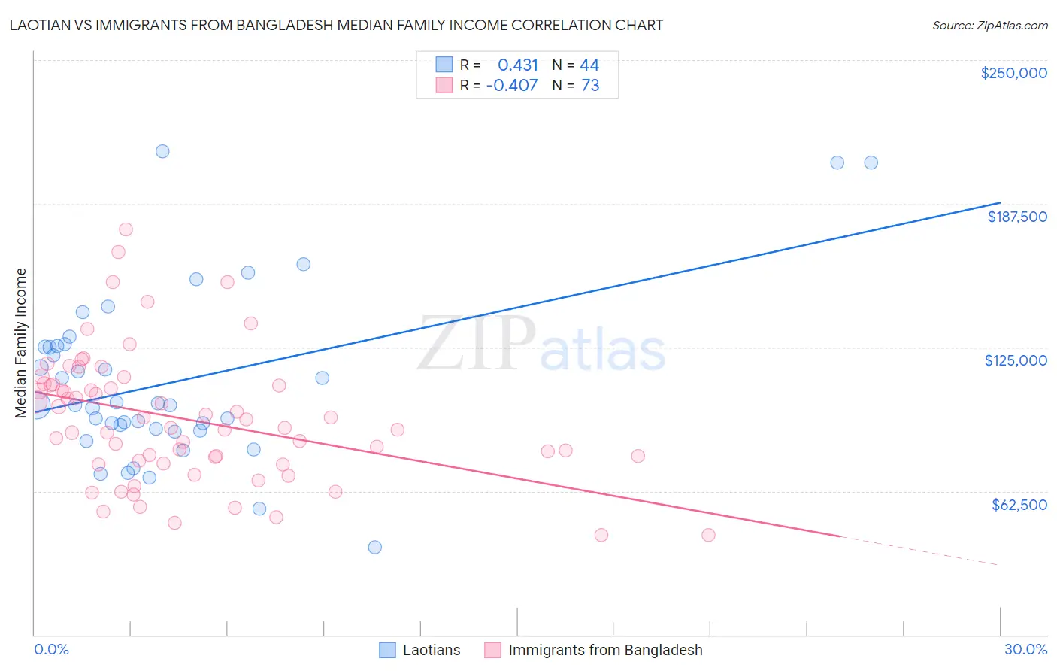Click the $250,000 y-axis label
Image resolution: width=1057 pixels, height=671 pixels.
(1013, 73)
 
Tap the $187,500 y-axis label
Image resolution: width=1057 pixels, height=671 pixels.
(1016, 217)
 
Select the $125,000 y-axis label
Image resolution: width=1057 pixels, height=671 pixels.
(1016, 360)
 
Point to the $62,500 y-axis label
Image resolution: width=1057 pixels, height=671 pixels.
(1019, 505)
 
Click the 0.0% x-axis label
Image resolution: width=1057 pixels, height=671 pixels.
(51, 649)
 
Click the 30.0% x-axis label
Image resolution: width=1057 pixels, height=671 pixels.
(1025, 649)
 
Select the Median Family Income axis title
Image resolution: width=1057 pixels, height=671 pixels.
(21, 342)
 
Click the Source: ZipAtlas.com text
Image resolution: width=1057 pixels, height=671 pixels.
(989, 25)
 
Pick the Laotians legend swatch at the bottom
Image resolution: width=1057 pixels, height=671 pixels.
(387, 650)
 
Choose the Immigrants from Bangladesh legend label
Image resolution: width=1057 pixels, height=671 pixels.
(605, 650)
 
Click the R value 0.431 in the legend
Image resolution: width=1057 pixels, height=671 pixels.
(518, 65)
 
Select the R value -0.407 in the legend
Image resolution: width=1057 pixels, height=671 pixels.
(512, 86)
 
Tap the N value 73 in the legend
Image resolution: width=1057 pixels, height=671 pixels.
(590, 86)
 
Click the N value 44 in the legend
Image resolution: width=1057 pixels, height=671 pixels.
(589, 65)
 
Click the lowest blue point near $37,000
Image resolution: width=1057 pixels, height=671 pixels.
(374, 547)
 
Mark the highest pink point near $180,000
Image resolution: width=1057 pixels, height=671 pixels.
(126, 229)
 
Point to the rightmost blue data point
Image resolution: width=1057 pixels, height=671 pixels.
(871, 162)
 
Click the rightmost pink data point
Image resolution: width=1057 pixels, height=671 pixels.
(708, 535)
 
